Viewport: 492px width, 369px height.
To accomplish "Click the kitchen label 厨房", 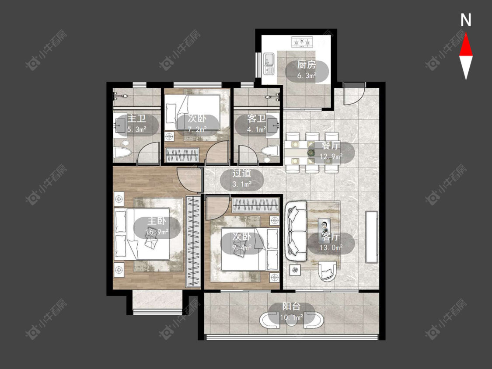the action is [x=307, y=65].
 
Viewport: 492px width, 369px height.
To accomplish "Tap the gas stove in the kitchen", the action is [x=302, y=42].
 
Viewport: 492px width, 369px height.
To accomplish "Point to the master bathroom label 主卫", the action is [x=136, y=118].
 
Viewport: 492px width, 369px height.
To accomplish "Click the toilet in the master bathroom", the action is [x=123, y=153].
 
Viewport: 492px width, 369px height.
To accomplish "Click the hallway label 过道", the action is [x=241, y=173].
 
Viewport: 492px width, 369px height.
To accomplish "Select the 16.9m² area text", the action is [x=157, y=232].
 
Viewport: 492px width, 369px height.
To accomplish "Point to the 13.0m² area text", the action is [x=331, y=247].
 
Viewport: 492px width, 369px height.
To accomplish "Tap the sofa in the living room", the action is [x=296, y=231].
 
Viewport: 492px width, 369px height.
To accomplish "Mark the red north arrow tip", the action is [x=466, y=34].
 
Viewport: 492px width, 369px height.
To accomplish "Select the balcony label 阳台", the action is [x=291, y=306].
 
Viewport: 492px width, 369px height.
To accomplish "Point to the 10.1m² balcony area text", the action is [x=292, y=317].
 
